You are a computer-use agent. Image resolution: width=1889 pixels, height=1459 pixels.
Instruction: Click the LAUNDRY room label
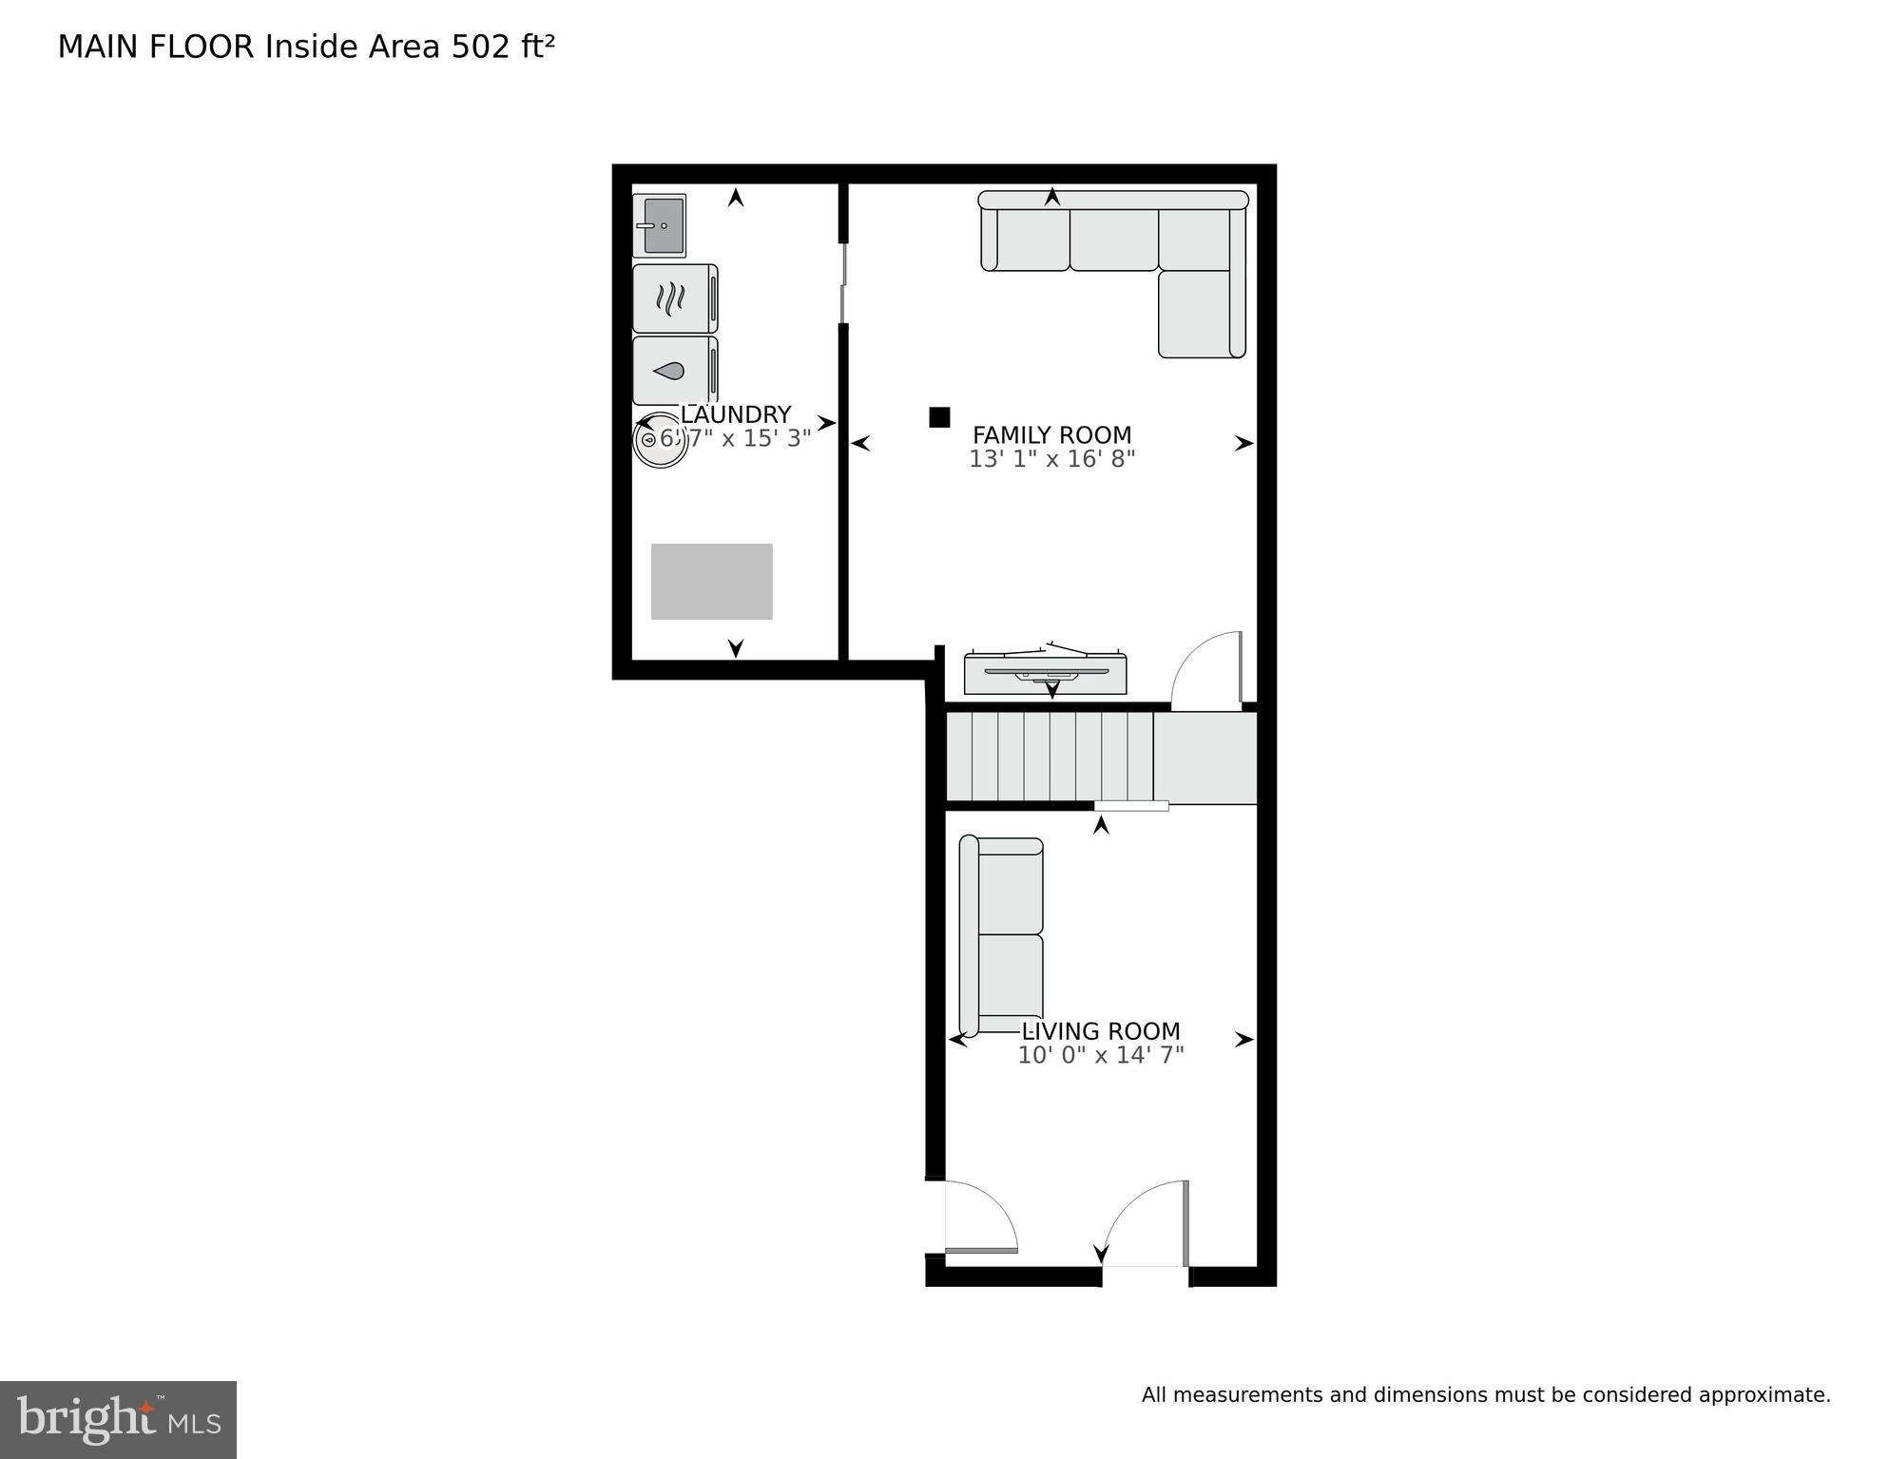click(x=735, y=414)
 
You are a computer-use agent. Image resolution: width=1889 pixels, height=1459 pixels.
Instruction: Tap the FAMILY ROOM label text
click(x=1051, y=435)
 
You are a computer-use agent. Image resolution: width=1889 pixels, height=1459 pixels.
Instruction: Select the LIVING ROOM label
click(x=1100, y=1031)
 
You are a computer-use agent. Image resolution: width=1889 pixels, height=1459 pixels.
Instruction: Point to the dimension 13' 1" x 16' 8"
click(x=1051, y=459)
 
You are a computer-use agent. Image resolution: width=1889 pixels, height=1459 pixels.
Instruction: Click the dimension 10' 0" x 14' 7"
click(x=1100, y=1055)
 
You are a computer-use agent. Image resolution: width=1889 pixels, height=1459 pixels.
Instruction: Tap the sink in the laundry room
click(x=660, y=226)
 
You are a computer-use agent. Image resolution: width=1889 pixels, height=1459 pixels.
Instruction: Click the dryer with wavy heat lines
click(x=674, y=298)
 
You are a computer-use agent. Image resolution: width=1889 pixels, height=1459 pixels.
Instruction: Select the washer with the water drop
click(x=674, y=371)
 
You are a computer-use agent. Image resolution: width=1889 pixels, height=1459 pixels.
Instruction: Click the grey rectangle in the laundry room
click(x=711, y=582)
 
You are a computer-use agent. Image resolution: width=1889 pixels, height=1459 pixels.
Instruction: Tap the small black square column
click(x=939, y=417)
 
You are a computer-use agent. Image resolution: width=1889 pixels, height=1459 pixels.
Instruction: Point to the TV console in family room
click(x=1045, y=673)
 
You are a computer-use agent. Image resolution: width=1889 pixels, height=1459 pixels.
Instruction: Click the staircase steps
click(x=1050, y=757)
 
